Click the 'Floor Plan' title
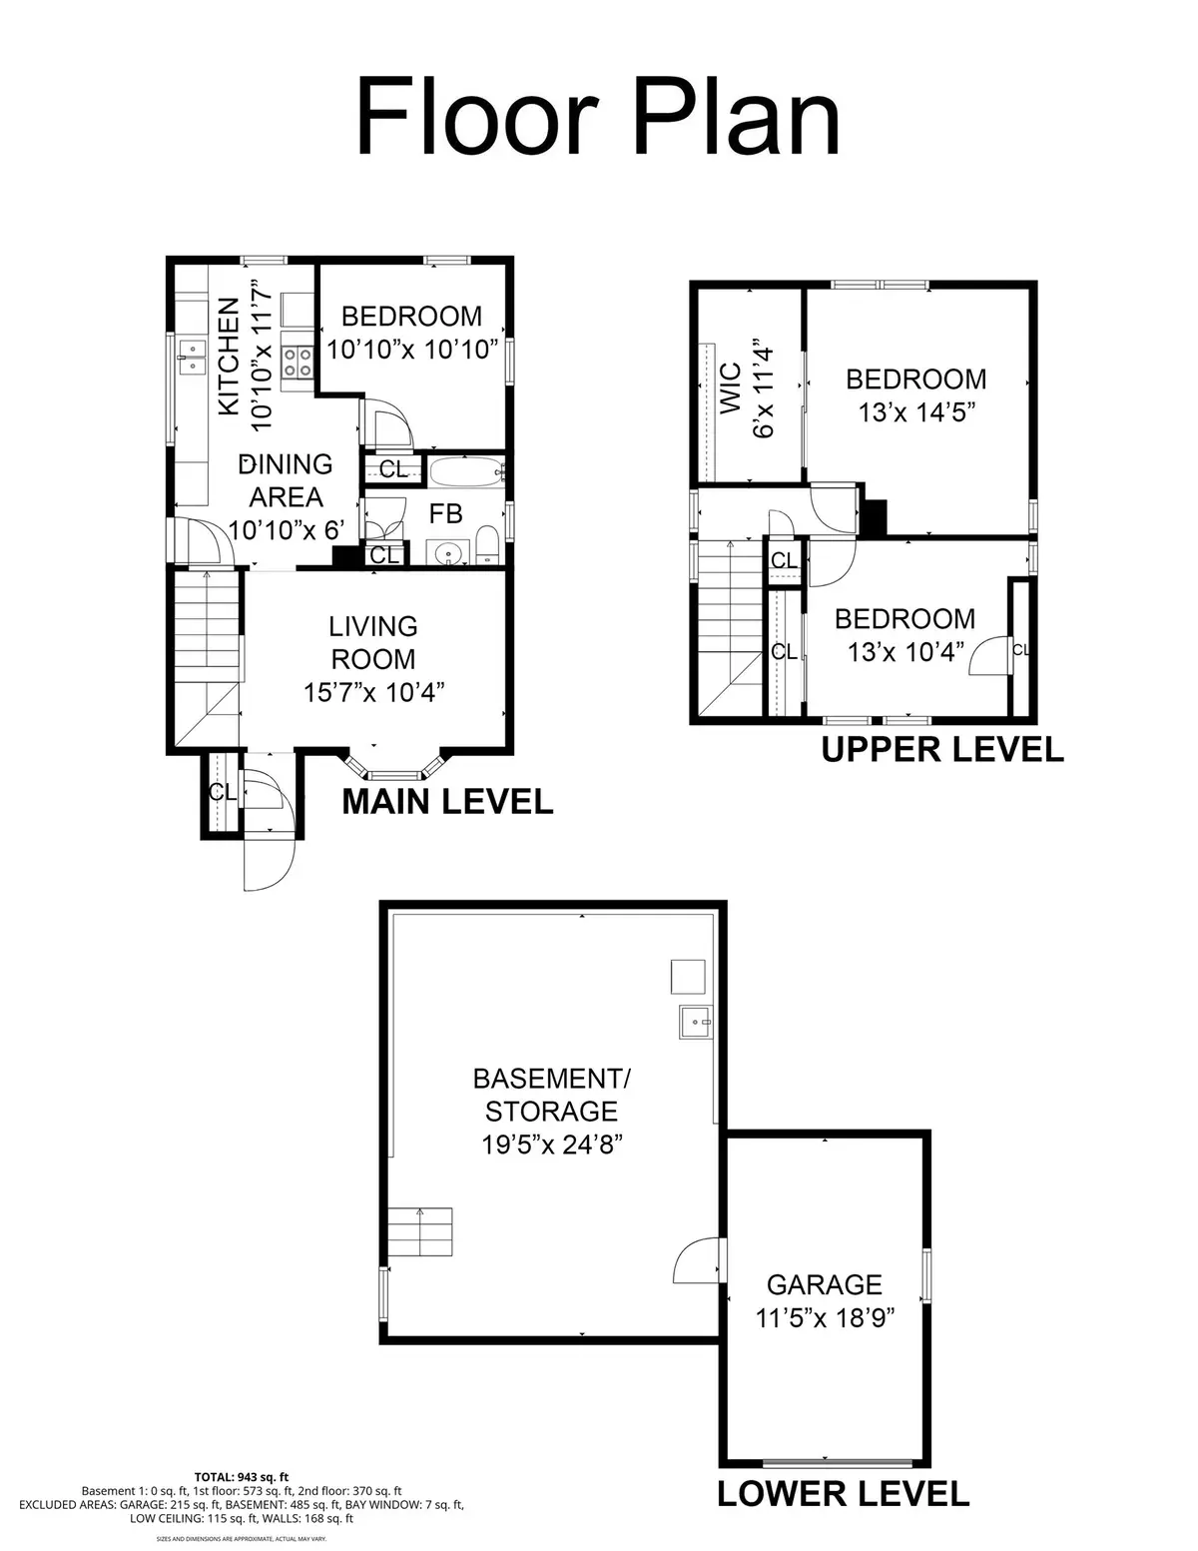click(x=598, y=118)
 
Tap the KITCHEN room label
click(x=229, y=357)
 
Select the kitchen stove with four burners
click(x=297, y=362)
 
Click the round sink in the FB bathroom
click(x=448, y=552)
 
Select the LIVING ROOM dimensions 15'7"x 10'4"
click(x=373, y=692)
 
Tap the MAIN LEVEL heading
click(x=447, y=801)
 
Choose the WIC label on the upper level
click(x=731, y=388)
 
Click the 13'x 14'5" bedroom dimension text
click(x=915, y=411)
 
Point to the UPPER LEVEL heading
click(x=941, y=749)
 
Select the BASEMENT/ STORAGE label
click(x=551, y=1095)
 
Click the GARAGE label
click(x=824, y=1284)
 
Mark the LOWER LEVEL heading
click(x=843, y=1493)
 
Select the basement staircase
click(x=420, y=1232)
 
